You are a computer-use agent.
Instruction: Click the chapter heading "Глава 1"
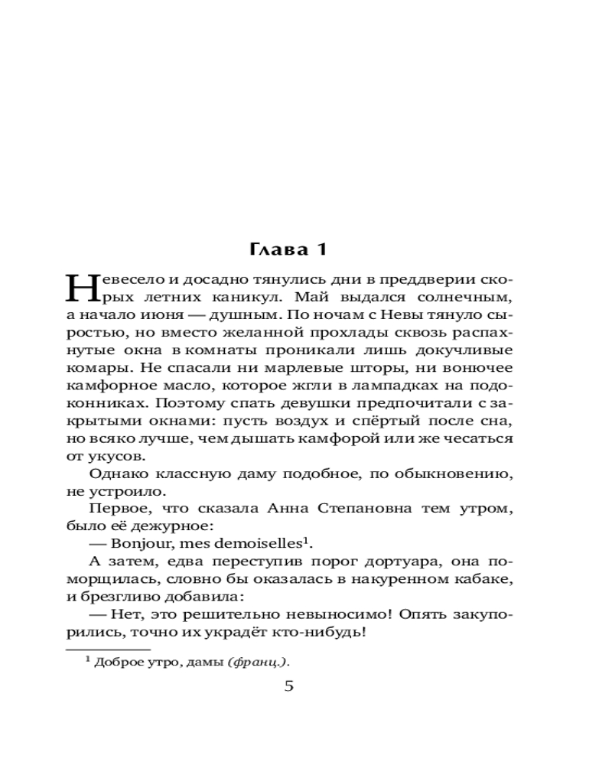tap(288, 249)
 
